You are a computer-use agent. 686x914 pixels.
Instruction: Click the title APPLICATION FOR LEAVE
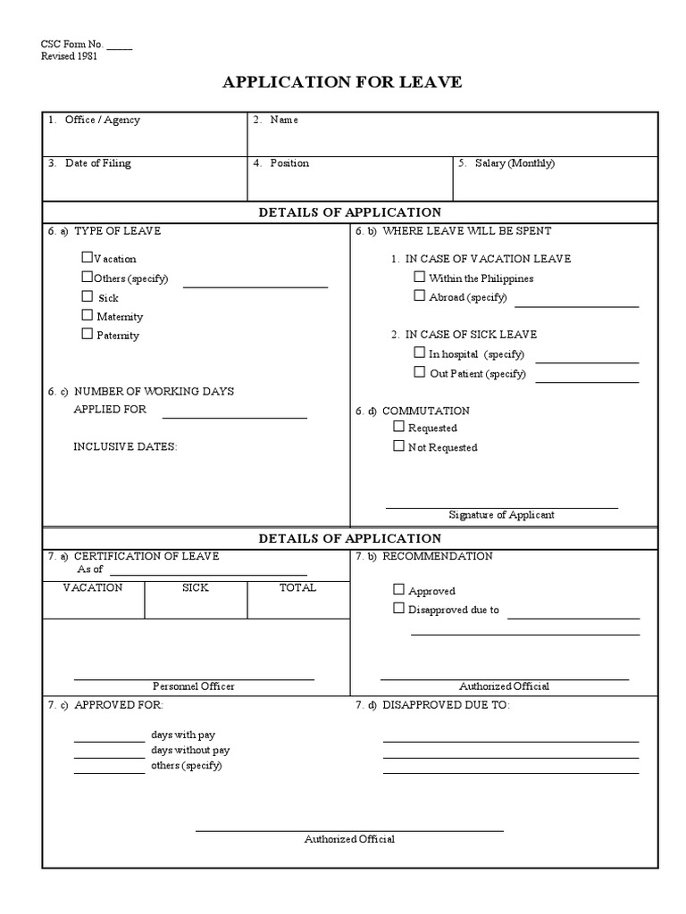342,82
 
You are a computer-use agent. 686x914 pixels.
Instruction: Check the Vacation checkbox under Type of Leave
88,258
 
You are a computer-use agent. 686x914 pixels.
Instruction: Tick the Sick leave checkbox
88,296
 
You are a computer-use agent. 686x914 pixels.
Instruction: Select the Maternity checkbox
88,315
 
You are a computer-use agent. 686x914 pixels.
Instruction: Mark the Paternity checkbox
88,334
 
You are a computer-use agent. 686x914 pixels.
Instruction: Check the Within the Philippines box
419,278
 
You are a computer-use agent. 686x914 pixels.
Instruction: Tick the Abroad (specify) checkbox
419,295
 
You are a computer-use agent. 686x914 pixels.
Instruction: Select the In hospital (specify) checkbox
419,353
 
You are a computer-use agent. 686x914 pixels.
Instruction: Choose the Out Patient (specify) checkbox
419,372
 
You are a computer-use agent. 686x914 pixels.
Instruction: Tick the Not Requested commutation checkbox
398,446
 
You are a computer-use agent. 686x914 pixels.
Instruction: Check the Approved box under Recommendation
398,589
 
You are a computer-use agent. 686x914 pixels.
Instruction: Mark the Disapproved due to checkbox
398,609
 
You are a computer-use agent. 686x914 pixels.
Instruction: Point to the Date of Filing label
97,163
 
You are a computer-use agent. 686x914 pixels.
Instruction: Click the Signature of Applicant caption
501,515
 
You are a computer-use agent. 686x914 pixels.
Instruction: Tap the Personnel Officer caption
194,686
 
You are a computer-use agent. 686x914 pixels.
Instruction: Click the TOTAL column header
297,588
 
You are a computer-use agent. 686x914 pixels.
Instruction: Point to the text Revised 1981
70,55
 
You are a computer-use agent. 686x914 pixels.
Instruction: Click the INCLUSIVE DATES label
125,447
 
